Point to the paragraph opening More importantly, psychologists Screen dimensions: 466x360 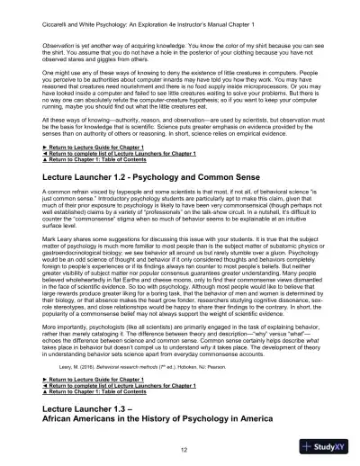180,328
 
